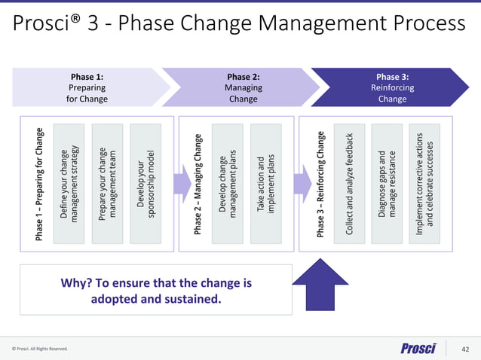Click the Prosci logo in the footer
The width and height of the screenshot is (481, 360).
(x=418, y=348)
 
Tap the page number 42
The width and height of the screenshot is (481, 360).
(x=465, y=349)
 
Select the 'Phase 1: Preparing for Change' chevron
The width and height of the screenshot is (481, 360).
(x=87, y=87)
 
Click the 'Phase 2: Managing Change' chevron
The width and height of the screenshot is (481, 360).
(x=243, y=87)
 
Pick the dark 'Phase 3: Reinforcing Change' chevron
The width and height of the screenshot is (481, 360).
(x=392, y=87)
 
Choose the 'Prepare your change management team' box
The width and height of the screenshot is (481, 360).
(x=107, y=184)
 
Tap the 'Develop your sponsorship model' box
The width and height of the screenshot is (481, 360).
(x=146, y=184)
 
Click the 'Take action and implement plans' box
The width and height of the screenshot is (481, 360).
(x=266, y=184)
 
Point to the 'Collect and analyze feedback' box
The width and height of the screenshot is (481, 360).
(x=349, y=184)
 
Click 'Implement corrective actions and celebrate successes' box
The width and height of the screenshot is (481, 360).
(x=426, y=184)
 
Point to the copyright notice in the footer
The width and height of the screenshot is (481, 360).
(x=40, y=349)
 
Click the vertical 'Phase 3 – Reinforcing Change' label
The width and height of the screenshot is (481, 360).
(x=321, y=184)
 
